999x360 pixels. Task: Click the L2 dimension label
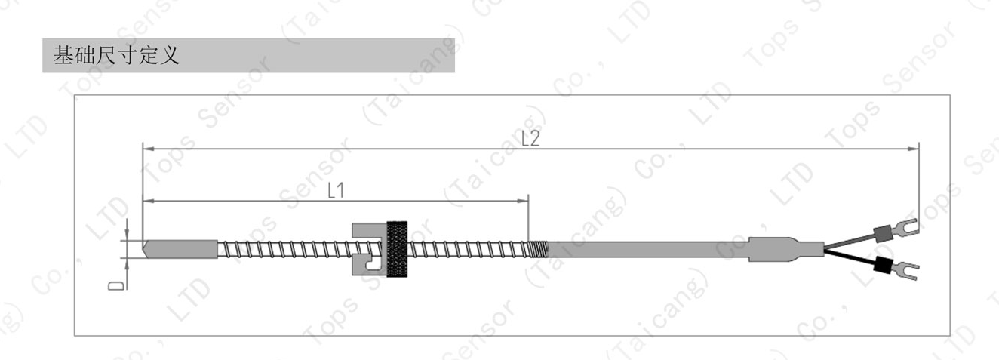(x=530, y=138)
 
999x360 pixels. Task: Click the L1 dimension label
(x=336, y=190)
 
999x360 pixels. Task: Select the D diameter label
(x=116, y=285)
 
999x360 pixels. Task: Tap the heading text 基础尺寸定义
(x=116, y=55)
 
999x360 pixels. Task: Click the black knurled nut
(x=396, y=249)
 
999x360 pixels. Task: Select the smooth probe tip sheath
(x=180, y=249)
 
